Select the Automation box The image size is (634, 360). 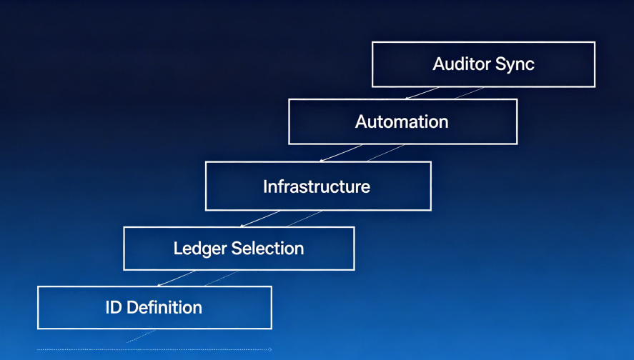click(x=402, y=121)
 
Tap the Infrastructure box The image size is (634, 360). click(x=317, y=186)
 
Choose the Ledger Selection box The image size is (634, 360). click(x=239, y=249)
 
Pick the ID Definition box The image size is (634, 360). click(x=154, y=308)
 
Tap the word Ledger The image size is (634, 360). click(x=199, y=249)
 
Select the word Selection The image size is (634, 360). click(x=267, y=249)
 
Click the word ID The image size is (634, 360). click(x=113, y=308)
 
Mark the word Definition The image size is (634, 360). click(x=164, y=308)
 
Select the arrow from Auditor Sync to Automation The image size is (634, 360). click(x=422, y=93)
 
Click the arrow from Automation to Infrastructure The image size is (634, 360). click(x=341, y=153)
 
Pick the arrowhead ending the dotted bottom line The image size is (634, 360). click(x=269, y=349)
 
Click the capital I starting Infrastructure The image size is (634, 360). click(x=265, y=187)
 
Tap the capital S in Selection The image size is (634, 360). click(x=237, y=249)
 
